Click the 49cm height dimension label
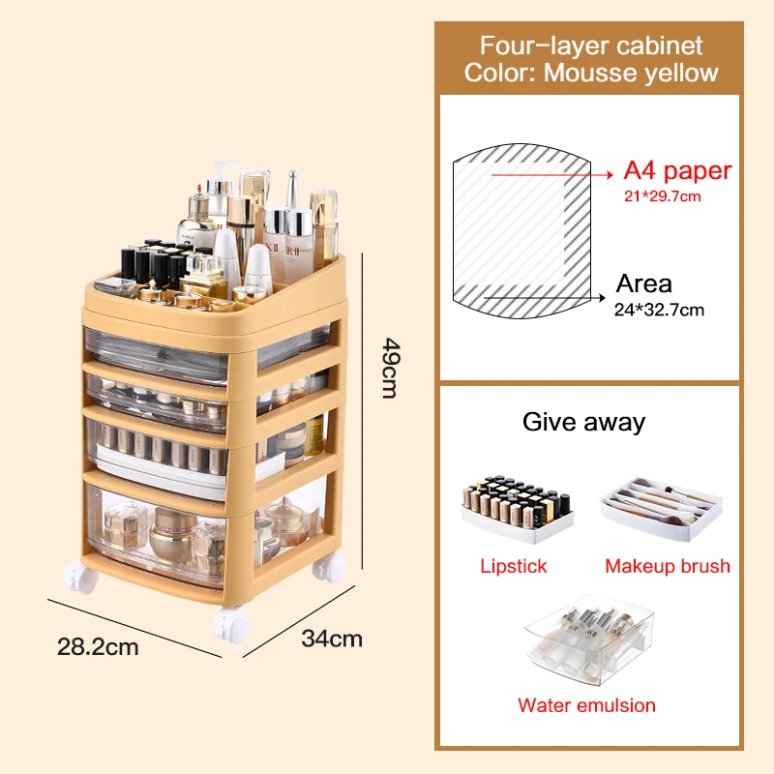[389, 368]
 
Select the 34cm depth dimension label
[332, 639]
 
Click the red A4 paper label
[677, 171]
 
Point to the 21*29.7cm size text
[663, 196]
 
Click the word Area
[644, 283]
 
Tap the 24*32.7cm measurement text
[661, 310]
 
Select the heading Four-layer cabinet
[590, 45]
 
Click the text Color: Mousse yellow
[590, 73]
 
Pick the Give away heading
[583, 422]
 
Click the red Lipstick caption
[514, 566]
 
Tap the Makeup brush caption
[668, 566]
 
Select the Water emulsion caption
[586, 705]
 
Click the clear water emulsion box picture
[585, 639]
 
